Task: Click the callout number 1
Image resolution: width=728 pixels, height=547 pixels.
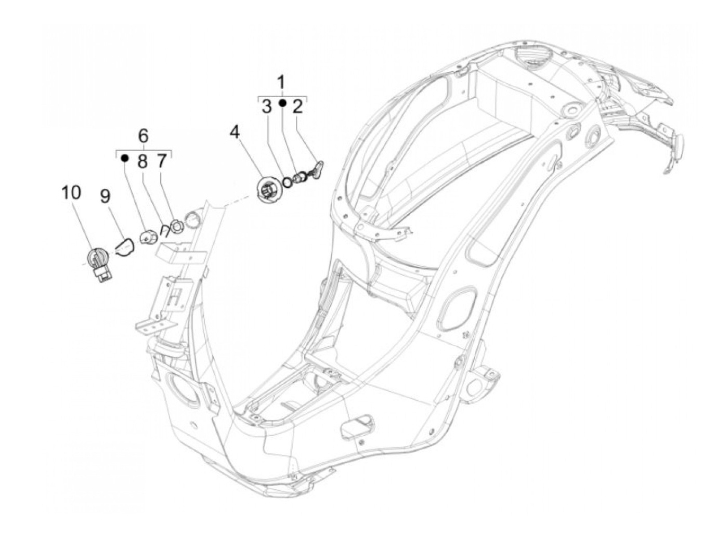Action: (281, 83)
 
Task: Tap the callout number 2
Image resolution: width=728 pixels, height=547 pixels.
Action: (297, 108)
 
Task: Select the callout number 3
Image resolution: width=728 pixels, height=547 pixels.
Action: (266, 108)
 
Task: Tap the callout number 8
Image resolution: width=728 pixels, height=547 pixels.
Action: (142, 162)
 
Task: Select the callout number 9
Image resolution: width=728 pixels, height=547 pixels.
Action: (105, 196)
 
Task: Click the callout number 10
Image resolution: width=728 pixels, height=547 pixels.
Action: (71, 193)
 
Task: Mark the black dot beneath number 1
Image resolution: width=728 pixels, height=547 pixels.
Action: (282, 103)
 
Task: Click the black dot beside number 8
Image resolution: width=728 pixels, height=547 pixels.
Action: (124, 157)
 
